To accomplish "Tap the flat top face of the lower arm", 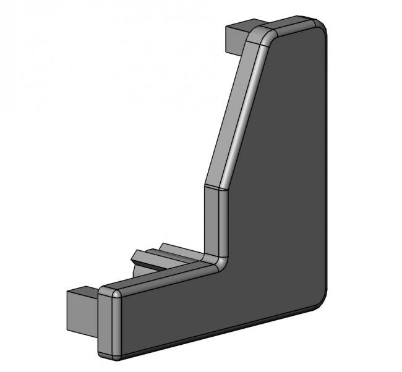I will pos(161,277).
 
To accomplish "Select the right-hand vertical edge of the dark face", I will pos(327,167).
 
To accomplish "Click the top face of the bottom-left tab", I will pos(80,292).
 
